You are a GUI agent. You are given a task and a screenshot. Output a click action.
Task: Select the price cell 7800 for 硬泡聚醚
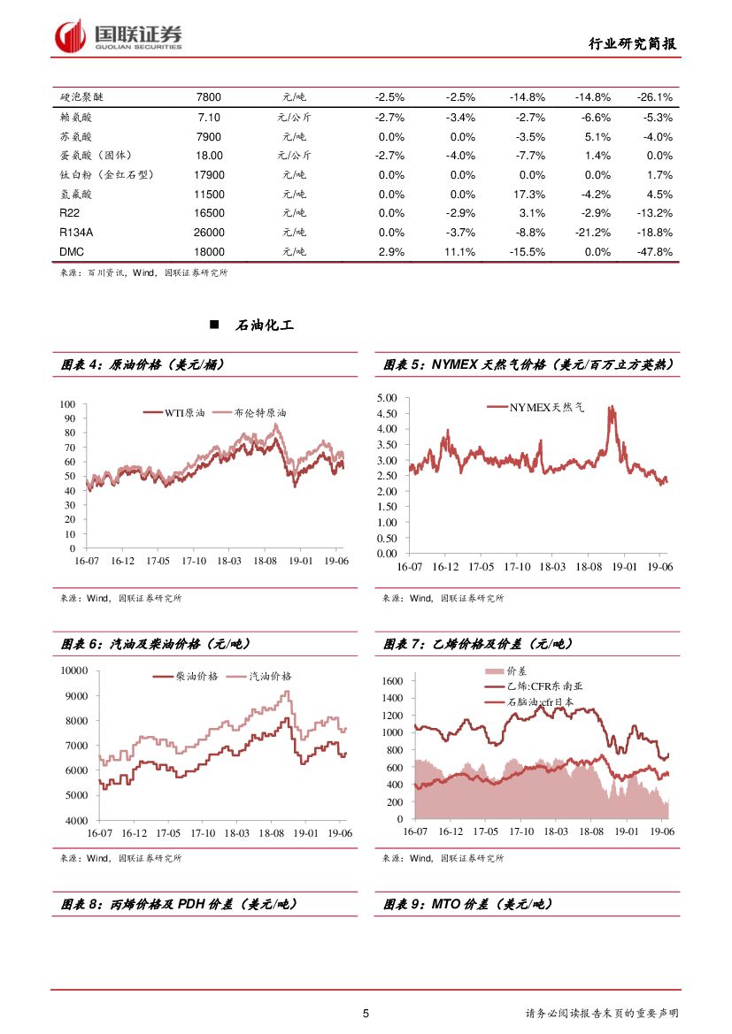click(208, 97)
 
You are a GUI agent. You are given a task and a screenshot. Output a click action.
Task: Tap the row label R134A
click(78, 233)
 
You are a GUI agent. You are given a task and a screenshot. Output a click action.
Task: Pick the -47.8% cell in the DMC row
click(654, 252)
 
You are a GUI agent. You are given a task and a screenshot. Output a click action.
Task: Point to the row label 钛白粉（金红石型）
click(107, 175)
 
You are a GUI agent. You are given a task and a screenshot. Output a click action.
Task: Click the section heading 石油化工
click(264, 326)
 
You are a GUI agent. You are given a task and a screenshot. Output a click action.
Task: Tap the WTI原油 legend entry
click(184, 413)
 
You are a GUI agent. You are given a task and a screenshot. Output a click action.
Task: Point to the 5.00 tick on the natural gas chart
click(386, 397)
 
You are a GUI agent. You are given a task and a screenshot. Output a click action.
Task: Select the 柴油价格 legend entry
click(209, 676)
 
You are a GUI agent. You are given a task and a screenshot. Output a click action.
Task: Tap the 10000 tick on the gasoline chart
click(73, 670)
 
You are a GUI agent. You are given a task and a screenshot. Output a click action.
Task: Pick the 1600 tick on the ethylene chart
click(392, 681)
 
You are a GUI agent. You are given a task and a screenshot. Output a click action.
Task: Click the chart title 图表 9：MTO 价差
click(467, 904)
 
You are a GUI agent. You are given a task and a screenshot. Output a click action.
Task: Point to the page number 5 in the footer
click(366, 1013)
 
